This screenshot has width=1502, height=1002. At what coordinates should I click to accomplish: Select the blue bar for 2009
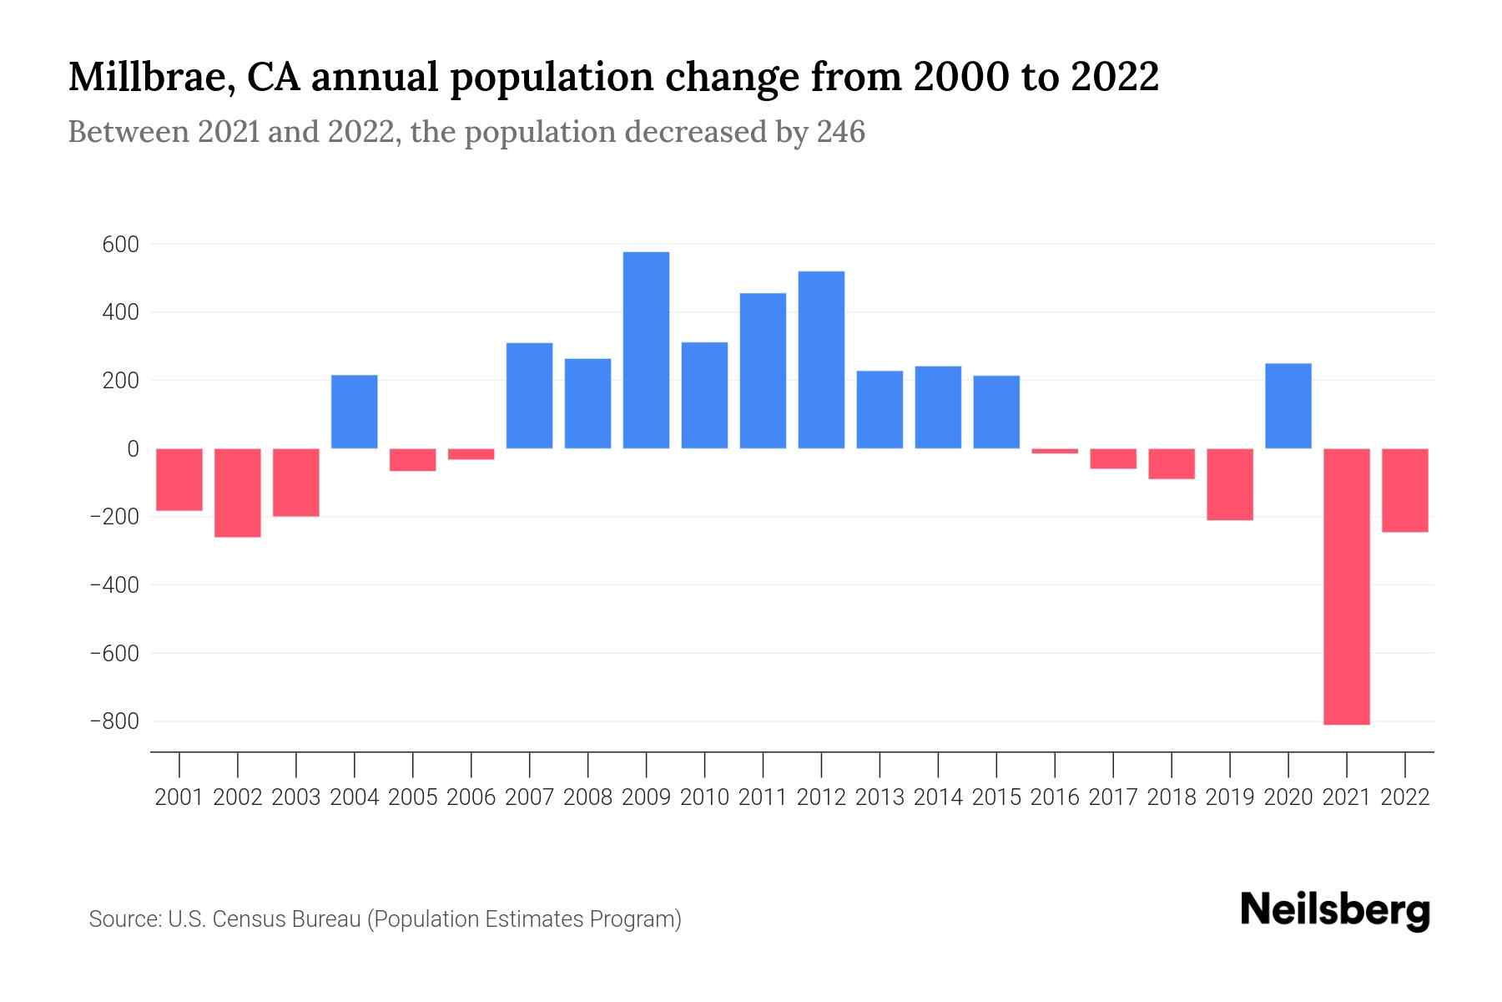(x=646, y=350)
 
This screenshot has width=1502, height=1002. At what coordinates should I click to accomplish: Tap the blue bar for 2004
(x=354, y=412)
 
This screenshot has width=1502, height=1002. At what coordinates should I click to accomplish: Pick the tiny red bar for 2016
(x=1055, y=451)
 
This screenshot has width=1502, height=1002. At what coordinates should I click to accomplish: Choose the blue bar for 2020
(x=1288, y=406)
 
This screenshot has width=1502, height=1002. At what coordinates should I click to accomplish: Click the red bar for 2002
(x=238, y=493)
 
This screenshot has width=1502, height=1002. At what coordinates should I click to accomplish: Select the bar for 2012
(x=821, y=360)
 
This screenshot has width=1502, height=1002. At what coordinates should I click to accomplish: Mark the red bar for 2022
(x=1404, y=490)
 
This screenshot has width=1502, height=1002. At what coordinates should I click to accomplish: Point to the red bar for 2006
(x=471, y=454)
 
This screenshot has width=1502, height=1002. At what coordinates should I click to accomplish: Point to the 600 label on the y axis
(x=121, y=245)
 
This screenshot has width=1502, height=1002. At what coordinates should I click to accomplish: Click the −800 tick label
(x=114, y=721)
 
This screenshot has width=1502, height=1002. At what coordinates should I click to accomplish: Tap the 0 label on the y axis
(x=133, y=449)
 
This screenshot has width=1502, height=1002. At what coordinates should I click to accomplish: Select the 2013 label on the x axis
(x=880, y=797)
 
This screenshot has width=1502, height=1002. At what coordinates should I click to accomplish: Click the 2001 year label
(x=179, y=797)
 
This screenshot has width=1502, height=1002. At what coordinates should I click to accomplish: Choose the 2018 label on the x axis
(x=1171, y=797)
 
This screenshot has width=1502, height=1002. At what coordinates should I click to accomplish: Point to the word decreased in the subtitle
(x=695, y=133)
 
